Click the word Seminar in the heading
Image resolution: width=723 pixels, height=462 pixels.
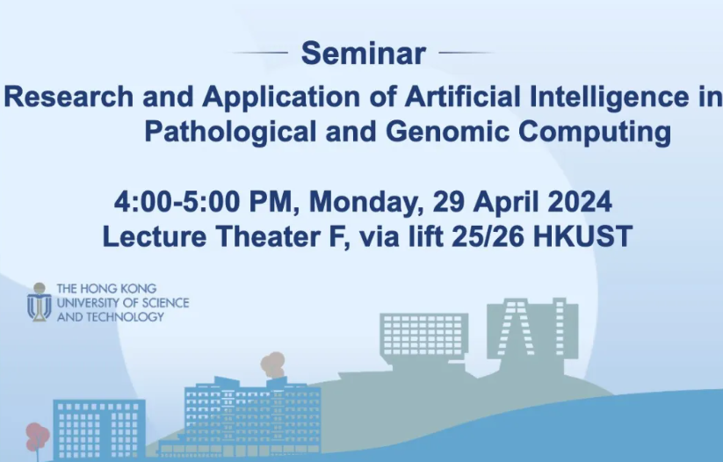click(363, 54)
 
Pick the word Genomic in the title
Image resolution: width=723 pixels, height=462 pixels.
click(417, 133)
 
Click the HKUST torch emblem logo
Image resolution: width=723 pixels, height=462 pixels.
click(39, 301)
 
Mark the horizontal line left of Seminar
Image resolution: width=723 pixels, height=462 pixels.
click(261, 53)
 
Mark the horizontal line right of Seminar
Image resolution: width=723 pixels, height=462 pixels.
click(466, 53)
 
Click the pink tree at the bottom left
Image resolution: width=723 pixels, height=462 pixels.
click(36, 436)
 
